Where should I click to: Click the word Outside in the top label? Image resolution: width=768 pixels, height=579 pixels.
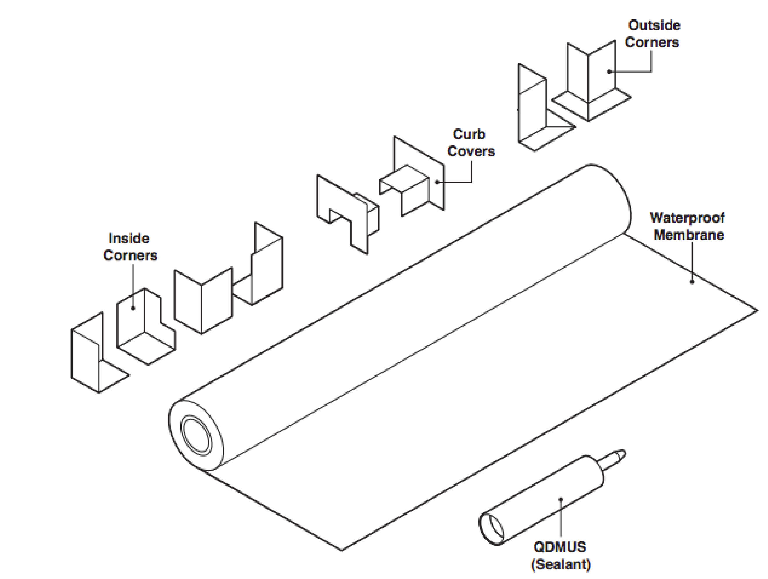tap(654, 26)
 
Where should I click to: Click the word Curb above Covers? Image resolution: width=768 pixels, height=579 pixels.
tap(469, 135)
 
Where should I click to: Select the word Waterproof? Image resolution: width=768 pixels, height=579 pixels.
tap(687, 218)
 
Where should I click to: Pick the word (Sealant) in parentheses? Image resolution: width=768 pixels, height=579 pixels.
tap(561, 564)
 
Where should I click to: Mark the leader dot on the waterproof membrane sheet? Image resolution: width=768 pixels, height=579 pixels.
tap(692, 282)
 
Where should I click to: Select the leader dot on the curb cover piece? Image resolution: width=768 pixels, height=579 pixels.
tap(437, 182)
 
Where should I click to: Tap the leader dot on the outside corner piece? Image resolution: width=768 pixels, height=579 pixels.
tap(609, 72)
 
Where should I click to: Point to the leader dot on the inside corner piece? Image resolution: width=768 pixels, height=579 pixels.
tap(133, 308)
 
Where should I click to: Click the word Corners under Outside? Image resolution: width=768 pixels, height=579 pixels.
tap(652, 43)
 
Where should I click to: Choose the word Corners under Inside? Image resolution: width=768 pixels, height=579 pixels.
tap(130, 256)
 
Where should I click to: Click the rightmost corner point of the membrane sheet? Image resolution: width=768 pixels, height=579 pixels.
tap(757, 311)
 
